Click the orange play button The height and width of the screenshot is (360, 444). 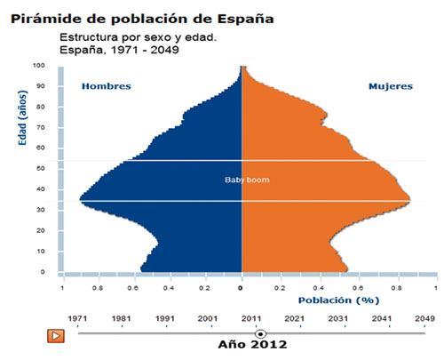56,336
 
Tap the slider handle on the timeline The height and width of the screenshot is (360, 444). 260,334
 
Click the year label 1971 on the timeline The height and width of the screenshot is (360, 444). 77,319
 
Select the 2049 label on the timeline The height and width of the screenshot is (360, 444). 424,319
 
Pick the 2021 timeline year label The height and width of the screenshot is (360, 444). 294,319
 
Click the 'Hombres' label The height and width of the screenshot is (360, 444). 107,86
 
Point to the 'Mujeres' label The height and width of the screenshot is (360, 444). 391,86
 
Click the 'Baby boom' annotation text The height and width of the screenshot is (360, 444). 247,180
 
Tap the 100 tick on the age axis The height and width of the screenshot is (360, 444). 39,65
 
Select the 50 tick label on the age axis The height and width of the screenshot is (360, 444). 41,168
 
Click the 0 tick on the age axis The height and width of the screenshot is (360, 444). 43,272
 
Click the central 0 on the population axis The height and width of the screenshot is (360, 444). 241,288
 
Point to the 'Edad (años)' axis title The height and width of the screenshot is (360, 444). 22,118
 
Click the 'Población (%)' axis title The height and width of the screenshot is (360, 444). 338,300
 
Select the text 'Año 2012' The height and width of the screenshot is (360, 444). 252,345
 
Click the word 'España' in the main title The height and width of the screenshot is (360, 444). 245,19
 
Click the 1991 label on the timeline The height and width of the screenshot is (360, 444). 165,319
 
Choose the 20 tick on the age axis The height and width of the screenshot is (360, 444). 41,230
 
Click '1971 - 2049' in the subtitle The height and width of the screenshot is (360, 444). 145,50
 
